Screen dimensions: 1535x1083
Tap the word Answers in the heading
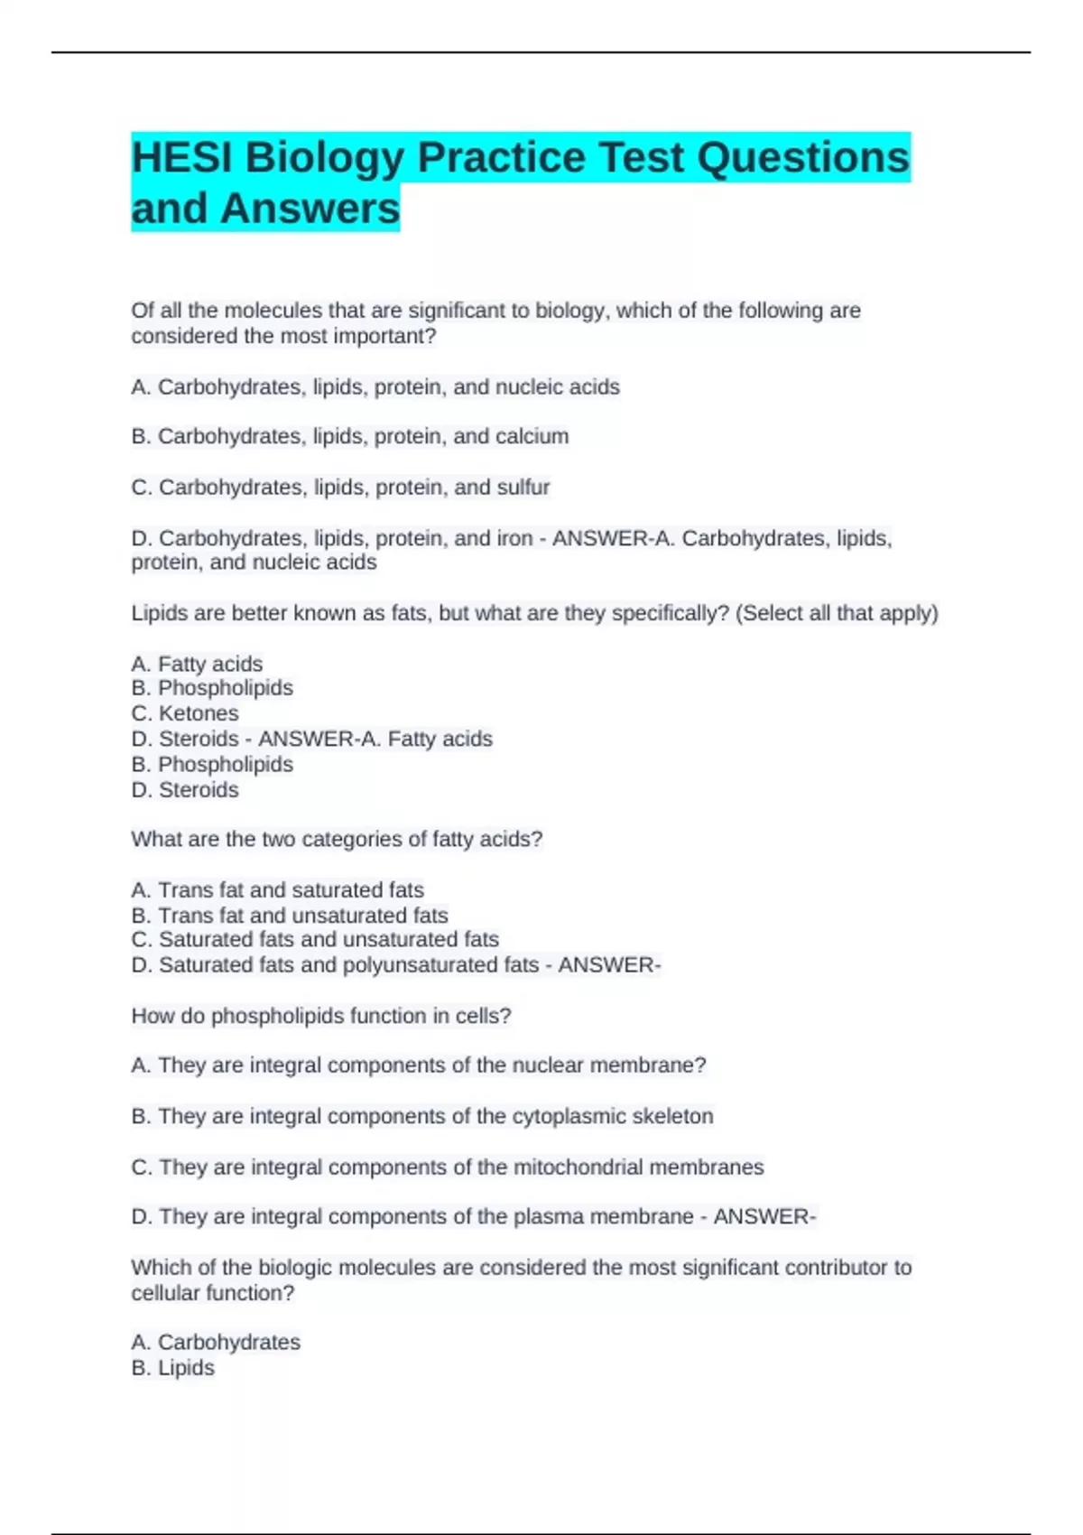pos(310,209)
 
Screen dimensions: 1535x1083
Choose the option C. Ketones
pos(185,713)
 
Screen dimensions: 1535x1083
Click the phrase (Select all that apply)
pos(838,613)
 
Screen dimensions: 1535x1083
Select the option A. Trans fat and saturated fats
pos(277,889)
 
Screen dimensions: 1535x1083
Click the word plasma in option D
pos(544,1217)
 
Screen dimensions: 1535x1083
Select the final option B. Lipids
pos(173,1368)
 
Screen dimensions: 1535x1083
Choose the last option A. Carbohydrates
pos(216,1343)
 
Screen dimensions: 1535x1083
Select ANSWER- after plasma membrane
pos(764,1217)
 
